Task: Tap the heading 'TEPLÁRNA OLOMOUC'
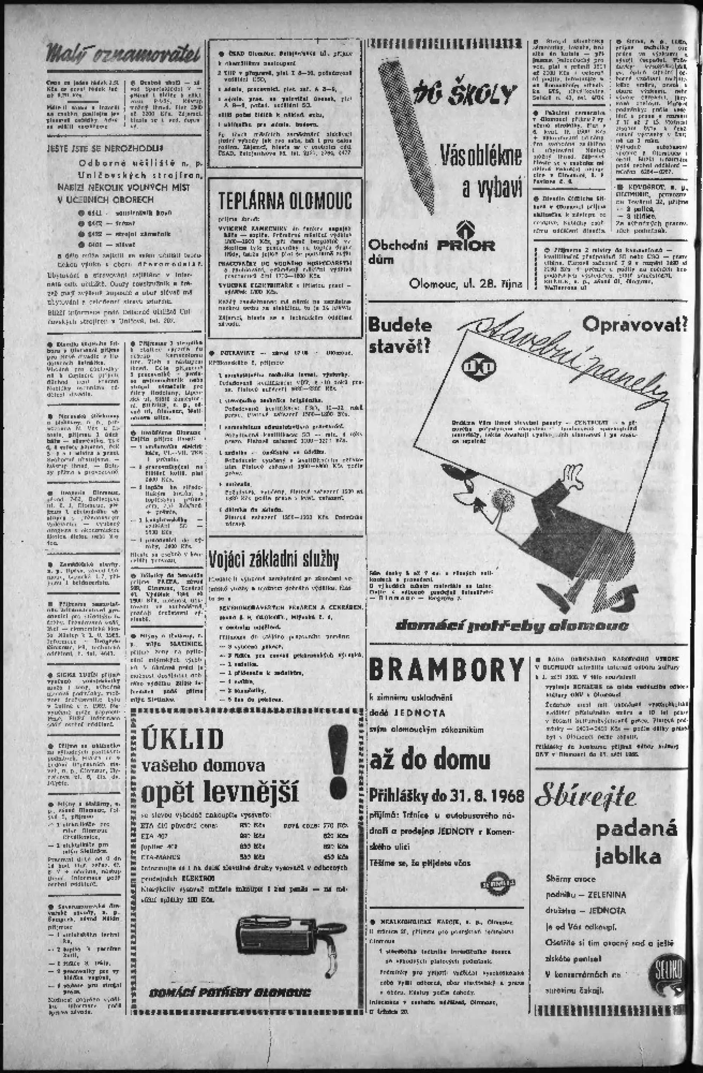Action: (285, 201)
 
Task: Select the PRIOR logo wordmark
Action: (466, 246)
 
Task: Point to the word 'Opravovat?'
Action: (634, 324)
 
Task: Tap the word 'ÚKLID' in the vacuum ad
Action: (182, 739)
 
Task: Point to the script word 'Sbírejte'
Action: (586, 797)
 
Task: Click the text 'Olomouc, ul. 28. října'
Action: (466, 284)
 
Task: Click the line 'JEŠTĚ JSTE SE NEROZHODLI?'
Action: (105, 148)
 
